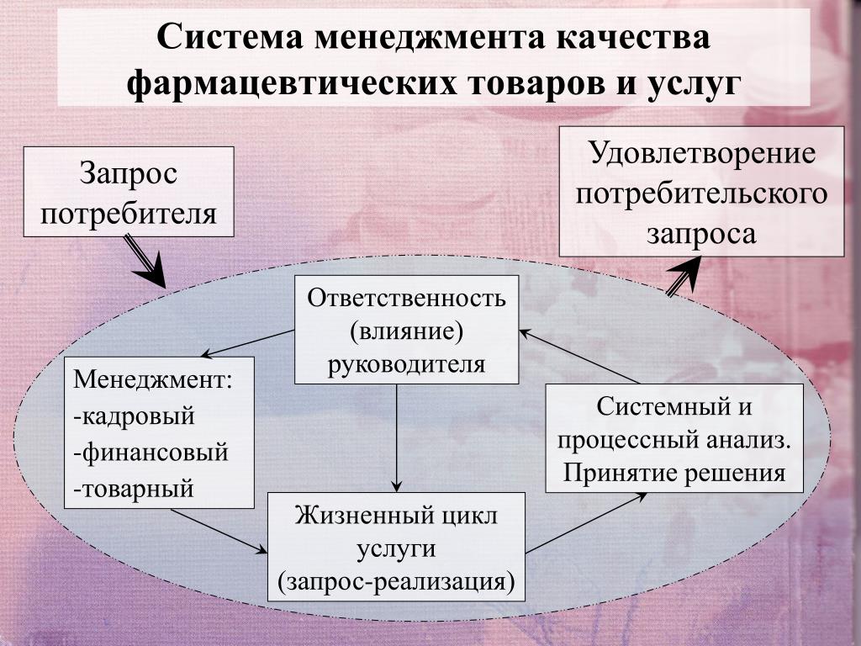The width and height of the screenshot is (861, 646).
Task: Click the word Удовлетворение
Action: [702, 154]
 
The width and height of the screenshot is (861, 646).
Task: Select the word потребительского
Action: [702, 193]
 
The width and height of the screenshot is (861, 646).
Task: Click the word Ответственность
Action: [407, 299]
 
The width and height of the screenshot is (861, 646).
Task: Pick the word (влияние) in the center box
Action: [407, 331]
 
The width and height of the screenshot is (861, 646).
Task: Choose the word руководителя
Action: [407, 363]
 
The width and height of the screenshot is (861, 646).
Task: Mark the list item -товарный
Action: [134, 488]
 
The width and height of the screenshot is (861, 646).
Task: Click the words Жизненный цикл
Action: [396, 515]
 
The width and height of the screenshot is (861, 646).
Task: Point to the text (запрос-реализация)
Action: [396, 580]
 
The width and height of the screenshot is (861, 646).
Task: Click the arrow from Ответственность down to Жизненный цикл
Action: [396, 437]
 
